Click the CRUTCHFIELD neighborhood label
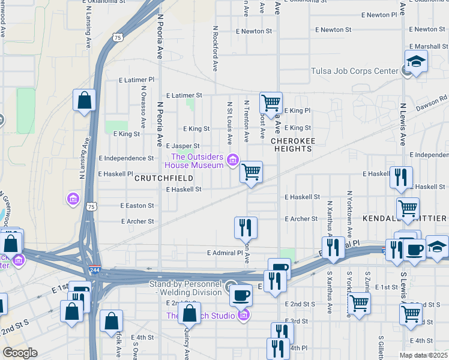163,178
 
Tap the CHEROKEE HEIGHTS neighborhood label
293,145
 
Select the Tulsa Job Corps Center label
355,71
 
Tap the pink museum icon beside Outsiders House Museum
233,160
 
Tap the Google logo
20,353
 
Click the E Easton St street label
137,206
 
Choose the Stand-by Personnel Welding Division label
190,288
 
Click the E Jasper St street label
182,146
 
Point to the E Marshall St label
429,46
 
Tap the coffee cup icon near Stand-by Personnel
241,295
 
